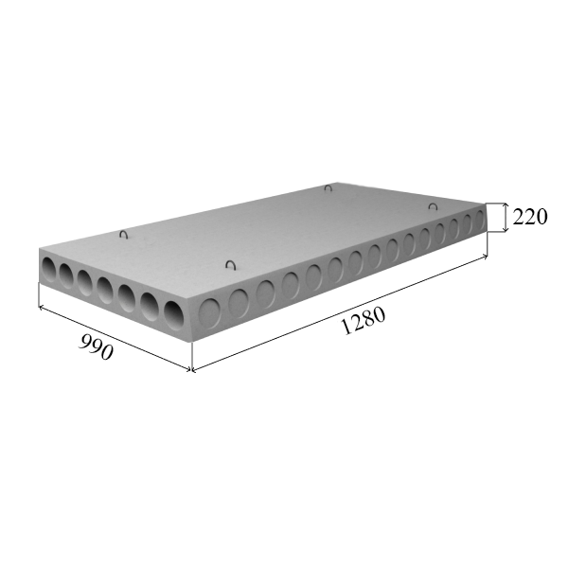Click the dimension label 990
click(96, 347)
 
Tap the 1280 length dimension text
click(364, 321)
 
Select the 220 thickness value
click(529, 218)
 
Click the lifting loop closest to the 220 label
click(433, 206)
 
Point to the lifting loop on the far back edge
click(328, 188)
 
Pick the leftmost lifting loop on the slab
click(124, 235)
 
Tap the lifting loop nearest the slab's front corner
click(230, 264)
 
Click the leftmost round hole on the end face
click(49, 269)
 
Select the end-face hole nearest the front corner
click(174, 315)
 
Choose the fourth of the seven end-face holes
click(105, 291)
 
